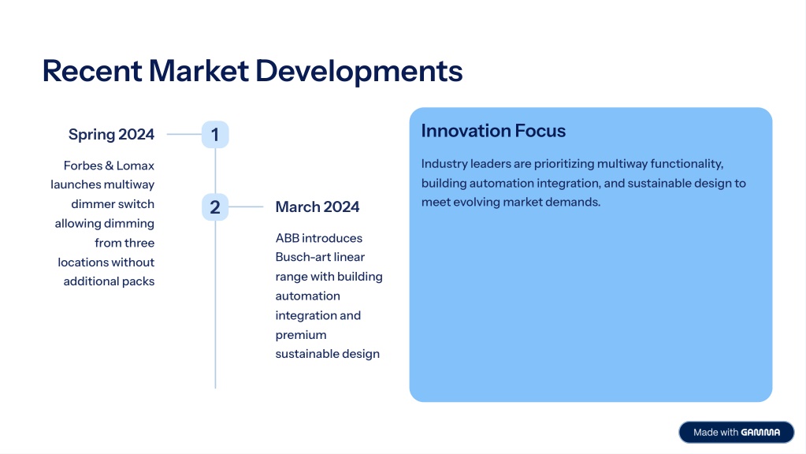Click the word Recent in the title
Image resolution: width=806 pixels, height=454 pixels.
[x=91, y=70]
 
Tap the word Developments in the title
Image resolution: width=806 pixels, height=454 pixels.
[x=358, y=72]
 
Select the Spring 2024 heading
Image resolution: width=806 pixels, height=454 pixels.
[x=111, y=135]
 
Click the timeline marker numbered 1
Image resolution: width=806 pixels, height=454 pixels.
[x=215, y=135]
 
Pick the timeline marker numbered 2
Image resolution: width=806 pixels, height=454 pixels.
[x=215, y=207]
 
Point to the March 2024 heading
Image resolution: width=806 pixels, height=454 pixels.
[x=318, y=207]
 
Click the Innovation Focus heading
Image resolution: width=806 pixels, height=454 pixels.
[x=493, y=131]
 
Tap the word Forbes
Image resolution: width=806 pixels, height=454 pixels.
[x=82, y=166]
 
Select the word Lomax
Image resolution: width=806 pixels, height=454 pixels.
[x=136, y=166]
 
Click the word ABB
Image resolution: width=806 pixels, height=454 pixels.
[x=287, y=238]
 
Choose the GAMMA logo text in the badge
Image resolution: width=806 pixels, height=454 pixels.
[x=760, y=433]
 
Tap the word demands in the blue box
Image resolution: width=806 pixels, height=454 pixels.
[x=578, y=202]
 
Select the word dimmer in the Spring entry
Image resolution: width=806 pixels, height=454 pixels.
[x=90, y=204]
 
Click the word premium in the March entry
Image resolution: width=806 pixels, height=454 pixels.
[x=301, y=335]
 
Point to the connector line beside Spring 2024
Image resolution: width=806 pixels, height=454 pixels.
[x=184, y=135]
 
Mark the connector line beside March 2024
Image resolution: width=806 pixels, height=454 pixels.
[x=246, y=207]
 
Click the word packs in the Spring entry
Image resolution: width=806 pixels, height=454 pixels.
[x=139, y=281]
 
